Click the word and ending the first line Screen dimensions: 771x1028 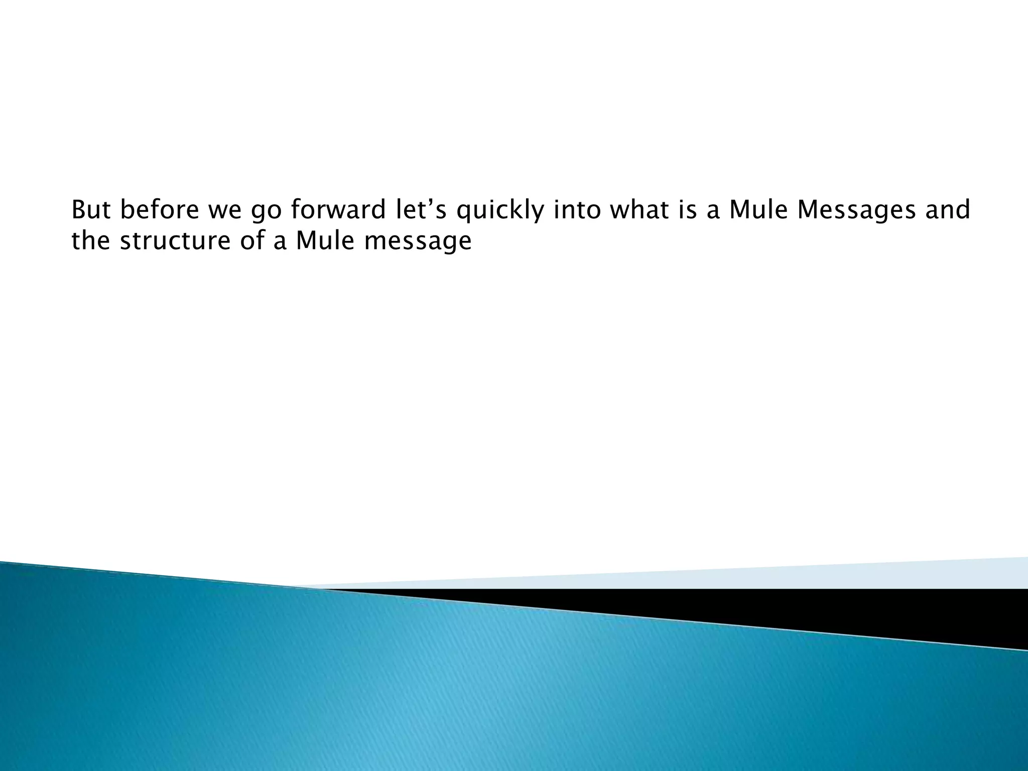(x=947, y=210)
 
